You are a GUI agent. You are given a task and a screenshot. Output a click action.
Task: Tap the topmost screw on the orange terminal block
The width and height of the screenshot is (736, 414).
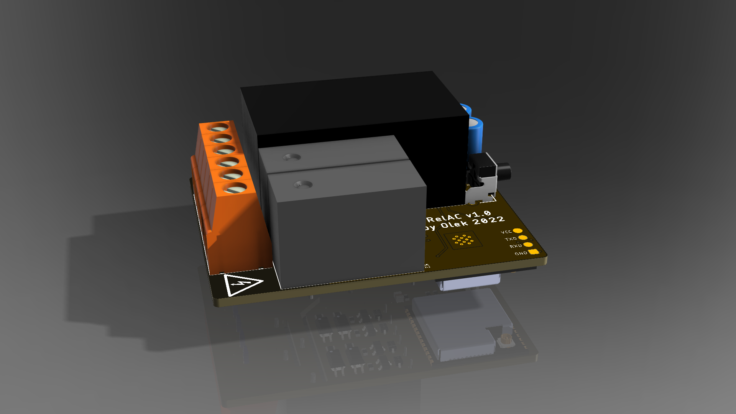pyautogui.click(x=219, y=128)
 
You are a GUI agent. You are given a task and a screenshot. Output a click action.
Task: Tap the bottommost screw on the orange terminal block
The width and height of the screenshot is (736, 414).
pyautogui.click(x=235, y=189)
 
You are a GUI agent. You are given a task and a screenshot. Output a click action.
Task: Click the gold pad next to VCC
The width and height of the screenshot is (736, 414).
pyautogui.click(x=517, y=231)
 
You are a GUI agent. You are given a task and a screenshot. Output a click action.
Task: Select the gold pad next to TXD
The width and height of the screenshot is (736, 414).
pyautogui.click(x=522, y=238)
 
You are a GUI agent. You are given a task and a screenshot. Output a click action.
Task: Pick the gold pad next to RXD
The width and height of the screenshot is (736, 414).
pyautogui.click(x=528, y=245)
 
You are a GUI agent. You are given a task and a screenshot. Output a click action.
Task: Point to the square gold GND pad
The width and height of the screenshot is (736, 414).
pyautogui.click(x=533, y=252)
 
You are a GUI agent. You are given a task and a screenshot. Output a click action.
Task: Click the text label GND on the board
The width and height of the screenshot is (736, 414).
pyautogui.click(x=521, y=253)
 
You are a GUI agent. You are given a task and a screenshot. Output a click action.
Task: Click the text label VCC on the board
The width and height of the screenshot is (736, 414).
pyautogui.click(x=506, y=232)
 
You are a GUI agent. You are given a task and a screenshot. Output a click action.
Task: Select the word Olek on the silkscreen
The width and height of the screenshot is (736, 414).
pyautogui.click(x=454, y=224)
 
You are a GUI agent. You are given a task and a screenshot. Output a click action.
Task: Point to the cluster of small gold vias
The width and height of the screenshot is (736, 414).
pyautogui.click(x=463, y=240)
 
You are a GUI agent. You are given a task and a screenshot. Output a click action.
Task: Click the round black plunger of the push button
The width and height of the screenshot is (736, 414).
pyautogui.click(x=504, y=172)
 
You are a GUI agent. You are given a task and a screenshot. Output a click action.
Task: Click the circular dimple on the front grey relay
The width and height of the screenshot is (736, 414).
pyautogui.click(x=303, y=185)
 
